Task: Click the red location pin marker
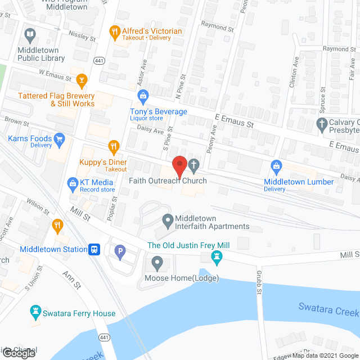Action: tap(179, 165)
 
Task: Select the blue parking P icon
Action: tap(119, 253)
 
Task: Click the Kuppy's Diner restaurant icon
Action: tap(114, 147)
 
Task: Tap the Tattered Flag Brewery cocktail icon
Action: tap(82, 79)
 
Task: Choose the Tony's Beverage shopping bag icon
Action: tap(143, 95)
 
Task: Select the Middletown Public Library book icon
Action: tap(30, 34)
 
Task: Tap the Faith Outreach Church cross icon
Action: tap(193, 165)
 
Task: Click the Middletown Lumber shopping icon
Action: tap(276, 166)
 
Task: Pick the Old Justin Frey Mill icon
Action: tap(216, 258)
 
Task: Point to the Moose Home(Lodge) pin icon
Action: tap(157, 262)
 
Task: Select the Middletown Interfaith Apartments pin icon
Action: tap(167, 219)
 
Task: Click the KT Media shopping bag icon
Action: tap(73, 182)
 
